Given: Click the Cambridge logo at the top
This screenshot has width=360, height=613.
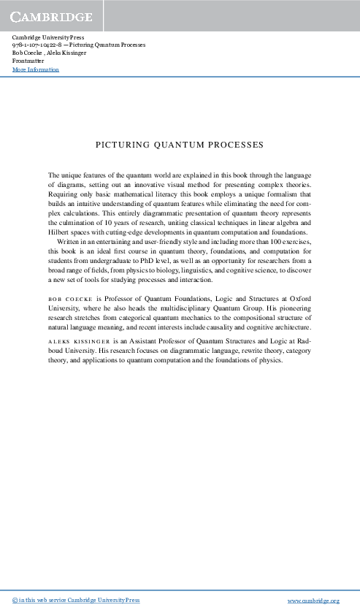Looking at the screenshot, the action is (51, 16).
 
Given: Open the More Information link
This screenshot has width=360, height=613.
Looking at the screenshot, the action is (36, 70).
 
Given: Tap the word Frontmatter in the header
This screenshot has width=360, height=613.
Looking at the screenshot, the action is (29, 61).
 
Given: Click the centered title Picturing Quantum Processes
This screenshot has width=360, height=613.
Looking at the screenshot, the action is (180, 145).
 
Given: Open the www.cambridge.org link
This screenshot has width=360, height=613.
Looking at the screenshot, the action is (315, 601).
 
